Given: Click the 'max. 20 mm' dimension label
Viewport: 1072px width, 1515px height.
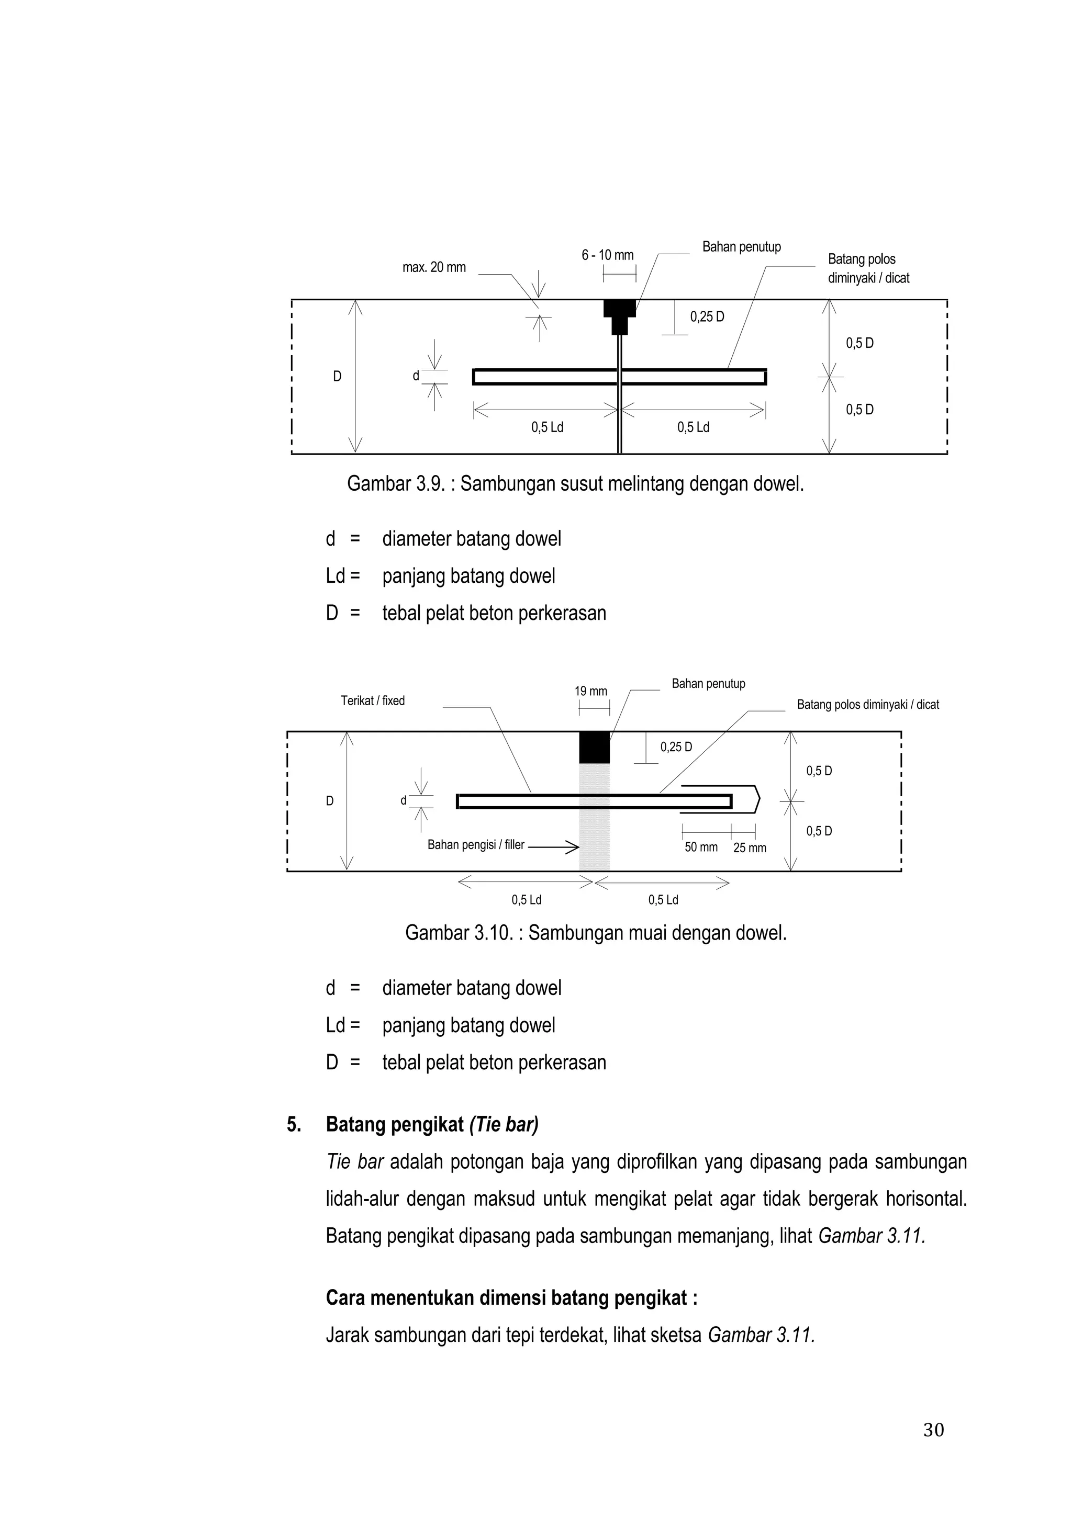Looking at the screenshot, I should point(434,267).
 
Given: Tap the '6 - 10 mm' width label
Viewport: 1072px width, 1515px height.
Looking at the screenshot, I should point(607,255).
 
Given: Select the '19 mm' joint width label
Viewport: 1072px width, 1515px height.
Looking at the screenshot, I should point(591,692).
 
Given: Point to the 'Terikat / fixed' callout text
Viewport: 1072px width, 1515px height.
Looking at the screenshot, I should point(372,701).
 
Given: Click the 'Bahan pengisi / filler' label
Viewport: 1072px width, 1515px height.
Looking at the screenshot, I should point(475,844).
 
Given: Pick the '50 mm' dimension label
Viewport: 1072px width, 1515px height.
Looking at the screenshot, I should point(701,847).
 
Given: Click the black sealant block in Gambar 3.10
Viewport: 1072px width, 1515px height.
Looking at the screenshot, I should point(594,748).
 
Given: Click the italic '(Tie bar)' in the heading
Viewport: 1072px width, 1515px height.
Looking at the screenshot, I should point(504,1125).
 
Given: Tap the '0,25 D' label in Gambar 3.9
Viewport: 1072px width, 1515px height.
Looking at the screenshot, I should point(707,316).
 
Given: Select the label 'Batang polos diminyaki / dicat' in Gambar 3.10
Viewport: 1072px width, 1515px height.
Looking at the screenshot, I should point(867,705).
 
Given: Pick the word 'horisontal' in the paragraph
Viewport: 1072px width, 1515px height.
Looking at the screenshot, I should point(925,1199).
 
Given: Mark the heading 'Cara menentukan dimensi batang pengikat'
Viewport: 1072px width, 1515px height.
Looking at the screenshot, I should point(511,1298).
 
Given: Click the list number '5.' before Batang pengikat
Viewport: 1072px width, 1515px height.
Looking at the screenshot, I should point(294,1125).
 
